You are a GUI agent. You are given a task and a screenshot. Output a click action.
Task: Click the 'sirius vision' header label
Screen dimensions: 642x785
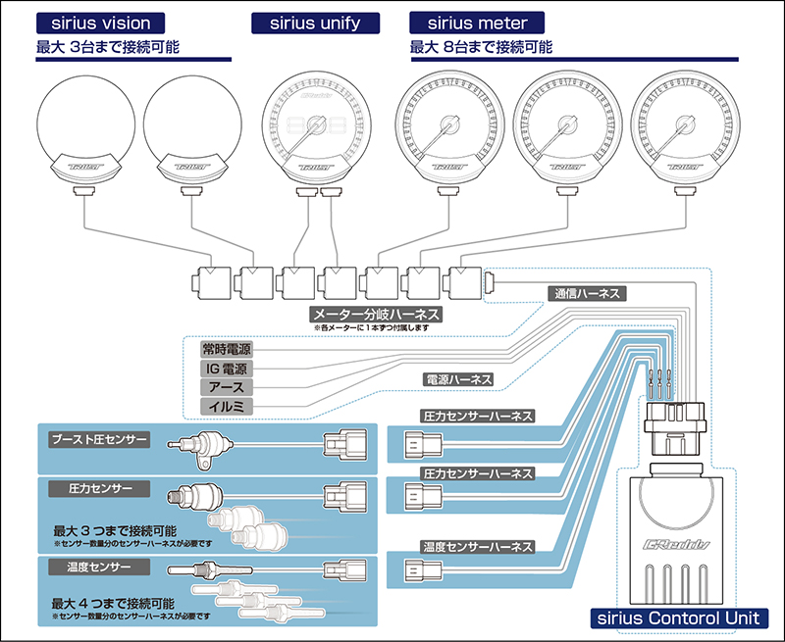(99, 23)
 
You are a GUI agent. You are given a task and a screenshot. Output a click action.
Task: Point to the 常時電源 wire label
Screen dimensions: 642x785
(225, 349)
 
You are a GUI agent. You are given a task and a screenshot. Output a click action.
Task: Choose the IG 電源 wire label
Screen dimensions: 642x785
(225, 369)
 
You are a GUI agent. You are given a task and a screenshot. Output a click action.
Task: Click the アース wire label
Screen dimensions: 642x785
(225, 387)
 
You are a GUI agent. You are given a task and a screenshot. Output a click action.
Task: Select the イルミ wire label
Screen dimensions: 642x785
(225, 406)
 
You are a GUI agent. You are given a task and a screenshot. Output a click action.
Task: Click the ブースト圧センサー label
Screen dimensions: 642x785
(99, 440)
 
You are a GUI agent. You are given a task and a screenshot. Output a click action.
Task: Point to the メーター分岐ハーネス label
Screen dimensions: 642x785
(374, 315)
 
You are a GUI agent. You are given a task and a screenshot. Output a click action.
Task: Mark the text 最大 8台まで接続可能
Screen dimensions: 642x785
(482, 46)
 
